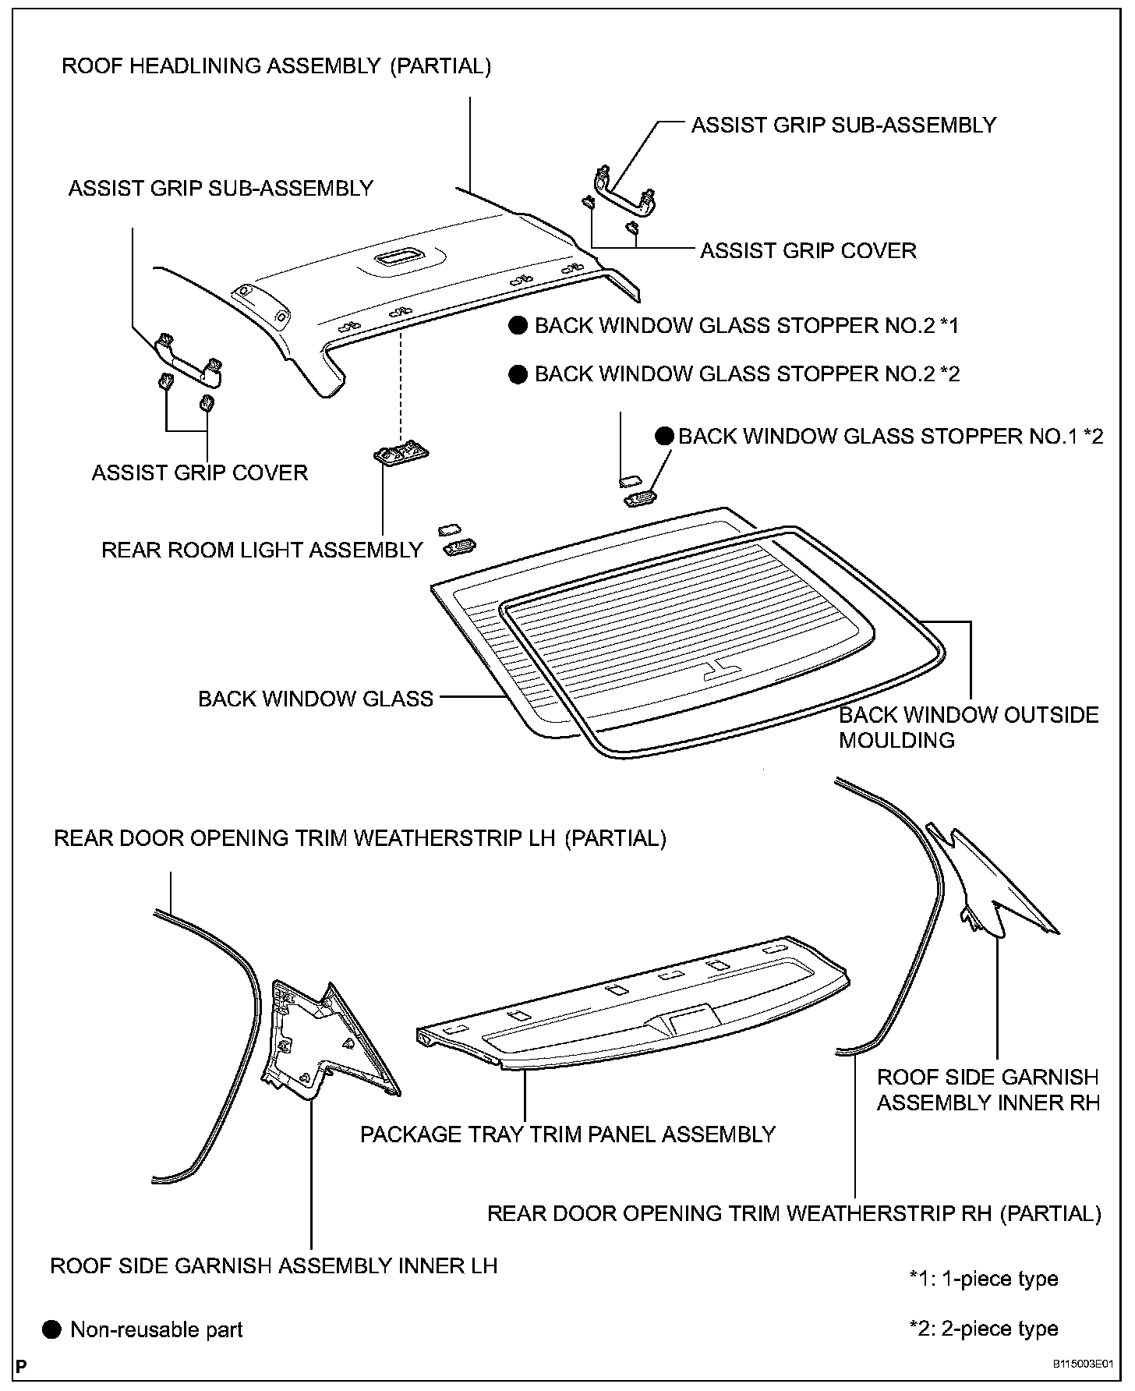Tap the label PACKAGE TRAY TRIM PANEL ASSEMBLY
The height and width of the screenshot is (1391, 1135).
click(x=567, y=1134)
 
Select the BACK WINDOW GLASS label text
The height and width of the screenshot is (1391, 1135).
click(x=316, y=699)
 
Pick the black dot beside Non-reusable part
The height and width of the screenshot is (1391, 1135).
click(x=52, y=1329)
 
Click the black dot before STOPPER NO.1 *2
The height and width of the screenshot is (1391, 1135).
click(x=664, y=437)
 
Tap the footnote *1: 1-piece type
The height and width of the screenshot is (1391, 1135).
click(x=984, y=1279)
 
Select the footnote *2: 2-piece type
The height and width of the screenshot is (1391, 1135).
click(x=984, y=1329)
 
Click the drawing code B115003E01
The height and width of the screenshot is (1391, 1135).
click(x=1083, y=1364)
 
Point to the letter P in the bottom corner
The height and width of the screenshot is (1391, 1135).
click(x=21, y=1366)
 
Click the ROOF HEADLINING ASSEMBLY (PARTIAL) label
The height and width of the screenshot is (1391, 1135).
click(x=277, y=66)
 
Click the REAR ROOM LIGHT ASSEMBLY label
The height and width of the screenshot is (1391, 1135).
click(x=262, y=550)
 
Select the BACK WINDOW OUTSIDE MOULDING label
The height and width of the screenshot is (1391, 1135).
click(x=968, y=727)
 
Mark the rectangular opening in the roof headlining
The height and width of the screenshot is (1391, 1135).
click(x=397, y=258)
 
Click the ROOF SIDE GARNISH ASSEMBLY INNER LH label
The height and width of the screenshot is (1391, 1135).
click(x=274, y=1265)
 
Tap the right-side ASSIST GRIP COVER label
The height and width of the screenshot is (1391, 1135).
click(x=808, y=251)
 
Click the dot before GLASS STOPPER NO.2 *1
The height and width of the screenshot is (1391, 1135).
click(x=518, y=326)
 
